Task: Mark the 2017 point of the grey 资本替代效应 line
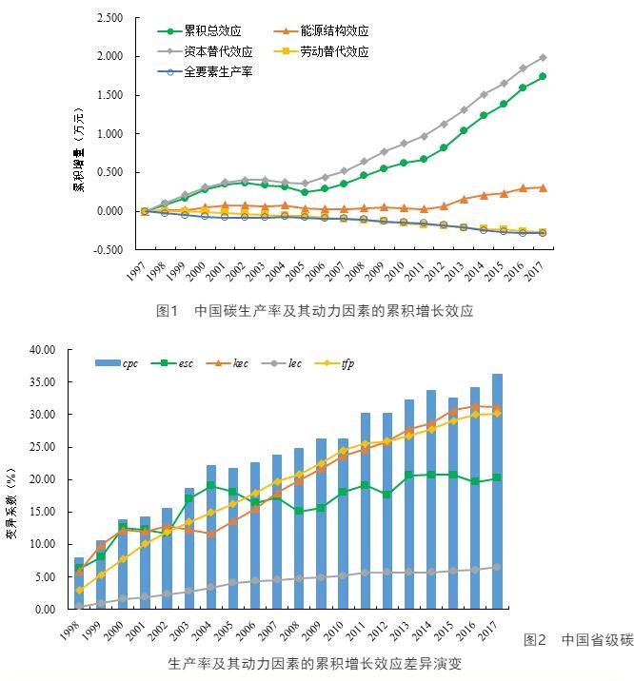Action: point(542,58)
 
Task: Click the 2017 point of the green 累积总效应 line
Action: point(542,77)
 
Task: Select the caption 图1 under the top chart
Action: point(168,310)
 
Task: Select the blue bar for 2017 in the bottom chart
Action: point(497,491)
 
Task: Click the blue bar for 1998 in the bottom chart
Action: point(79,582)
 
